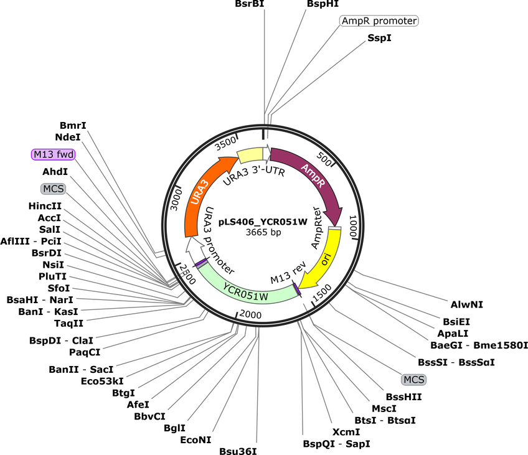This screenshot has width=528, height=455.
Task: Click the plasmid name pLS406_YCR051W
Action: (263, 222)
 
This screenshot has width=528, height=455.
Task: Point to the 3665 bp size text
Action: (263, 232)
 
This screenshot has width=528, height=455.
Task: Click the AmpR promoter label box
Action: (379, 21)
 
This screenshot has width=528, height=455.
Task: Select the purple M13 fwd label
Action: (54, 154)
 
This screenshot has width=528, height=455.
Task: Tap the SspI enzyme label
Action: (380, 38)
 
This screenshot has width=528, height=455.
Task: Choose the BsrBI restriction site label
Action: (250, 4)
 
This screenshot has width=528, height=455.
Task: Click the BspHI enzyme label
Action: (323, 4)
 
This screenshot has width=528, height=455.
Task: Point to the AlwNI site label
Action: (467, 304)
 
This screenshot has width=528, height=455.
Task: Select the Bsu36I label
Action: (238, 451)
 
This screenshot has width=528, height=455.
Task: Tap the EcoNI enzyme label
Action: (196, 440)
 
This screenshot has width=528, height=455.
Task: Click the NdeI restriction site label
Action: (68, 137)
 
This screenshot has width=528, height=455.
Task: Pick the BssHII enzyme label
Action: (403, 397)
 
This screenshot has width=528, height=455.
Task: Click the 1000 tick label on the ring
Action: (354, 226)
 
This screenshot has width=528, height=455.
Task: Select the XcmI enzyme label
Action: (346, 432)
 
